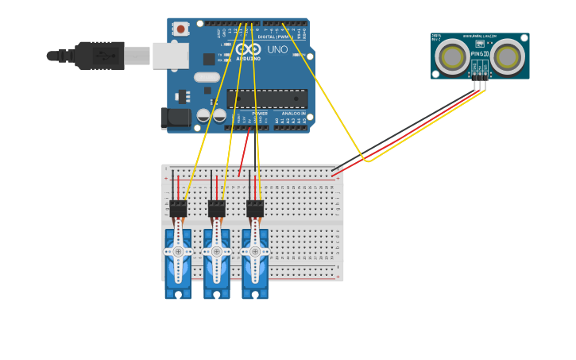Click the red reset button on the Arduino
pyautogui.click(x=180, y=29)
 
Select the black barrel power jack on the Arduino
pyautogui.click(x=174, y=118)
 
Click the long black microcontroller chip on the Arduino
pyautogui.click(x=267, y=98)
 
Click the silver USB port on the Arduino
pyautogui.click(x=170, y=55)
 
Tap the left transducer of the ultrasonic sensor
pyautogui.click(x=452, y=57)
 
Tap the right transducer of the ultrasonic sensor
pyautogui.click(x=507, y=57)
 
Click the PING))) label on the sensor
pyautogui.click(x=479, y=54)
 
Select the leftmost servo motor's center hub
pyautogui.click(x=178, y=251)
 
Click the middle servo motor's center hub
pyautogui.click(x=216, y=251)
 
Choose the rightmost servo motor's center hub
pyautogui.click(x=255, y=251)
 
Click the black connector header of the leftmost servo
pyautogui.click(x=178, y=208)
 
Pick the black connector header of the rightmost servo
pyautogui.click(x=255, y=208)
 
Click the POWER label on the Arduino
pyautogui.click(x=260, y=114)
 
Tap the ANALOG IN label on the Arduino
pyautogui.click(x=293, y=114)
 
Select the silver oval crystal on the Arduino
pyautogui.click(x=206, y=77)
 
